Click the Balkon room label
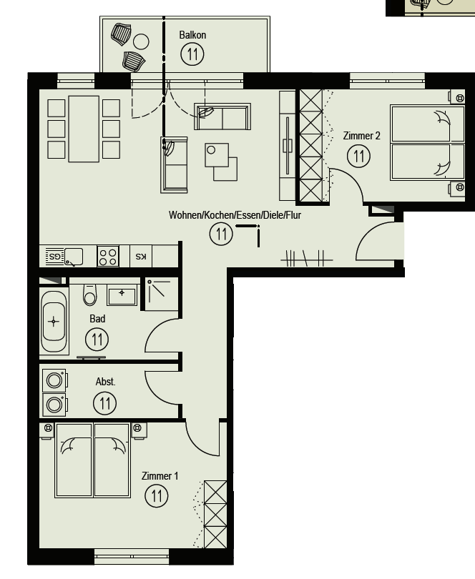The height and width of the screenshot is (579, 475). (192, 35)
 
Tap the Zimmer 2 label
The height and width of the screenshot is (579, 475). (361, 136)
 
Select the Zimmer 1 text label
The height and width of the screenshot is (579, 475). (160, 476)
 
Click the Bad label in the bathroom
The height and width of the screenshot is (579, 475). (97, 319)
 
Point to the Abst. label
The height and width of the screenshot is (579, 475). (105, 382)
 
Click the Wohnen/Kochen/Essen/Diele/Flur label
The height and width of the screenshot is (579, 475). (235, 215)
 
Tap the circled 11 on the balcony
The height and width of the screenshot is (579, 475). (192, 54)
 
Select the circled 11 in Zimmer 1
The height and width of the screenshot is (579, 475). (157, 496)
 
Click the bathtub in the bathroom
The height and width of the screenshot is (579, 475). (54, 322)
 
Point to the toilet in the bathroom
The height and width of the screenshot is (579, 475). (90, 295)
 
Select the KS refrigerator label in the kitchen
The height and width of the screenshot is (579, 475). (141, 257)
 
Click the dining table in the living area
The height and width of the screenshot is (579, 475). (84, 129)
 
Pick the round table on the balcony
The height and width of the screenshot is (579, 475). (141, 41)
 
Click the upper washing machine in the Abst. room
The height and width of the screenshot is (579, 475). (54, 380)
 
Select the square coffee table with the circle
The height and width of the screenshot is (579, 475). (217, 155)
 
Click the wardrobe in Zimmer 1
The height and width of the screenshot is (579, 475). (215, 515)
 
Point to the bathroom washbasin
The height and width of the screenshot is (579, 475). (122, 295)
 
